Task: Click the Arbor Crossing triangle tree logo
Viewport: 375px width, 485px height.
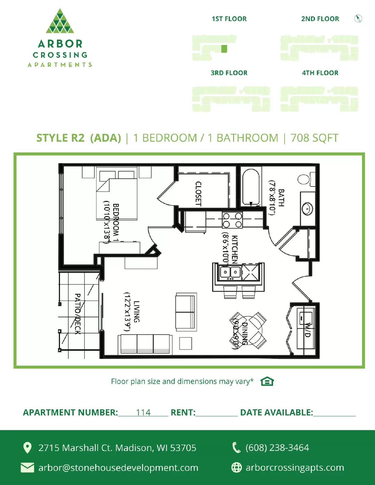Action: click(60, 21)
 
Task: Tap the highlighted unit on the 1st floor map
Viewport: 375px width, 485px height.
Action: click(224, 48)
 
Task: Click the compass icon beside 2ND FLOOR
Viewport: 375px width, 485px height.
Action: click(358, 19)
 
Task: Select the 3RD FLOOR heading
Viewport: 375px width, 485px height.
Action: click(229, 73)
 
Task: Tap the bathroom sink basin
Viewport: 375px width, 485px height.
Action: click(307, 209)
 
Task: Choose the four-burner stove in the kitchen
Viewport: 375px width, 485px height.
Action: click(232, 220)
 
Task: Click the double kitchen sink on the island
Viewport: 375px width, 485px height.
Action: click(230, 272)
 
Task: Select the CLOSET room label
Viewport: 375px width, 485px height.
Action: click(198, 194)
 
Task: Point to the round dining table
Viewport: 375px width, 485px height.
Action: click(248, 330)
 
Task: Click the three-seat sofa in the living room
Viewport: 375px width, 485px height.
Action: click(145, 344)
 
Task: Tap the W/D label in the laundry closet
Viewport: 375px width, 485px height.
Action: click(307, 330)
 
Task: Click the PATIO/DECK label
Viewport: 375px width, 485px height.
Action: click(78, 314)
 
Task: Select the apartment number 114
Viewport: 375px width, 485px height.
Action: click(143, 412)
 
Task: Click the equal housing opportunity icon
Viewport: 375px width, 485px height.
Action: click(267, 381)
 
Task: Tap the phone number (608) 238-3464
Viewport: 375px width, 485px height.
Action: click(277, 447)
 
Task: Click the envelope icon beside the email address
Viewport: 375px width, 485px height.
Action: click(27, 467)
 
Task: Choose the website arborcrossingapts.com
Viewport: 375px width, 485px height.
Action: click(295, 467)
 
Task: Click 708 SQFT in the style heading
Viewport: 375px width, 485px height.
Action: click(314, 138)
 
